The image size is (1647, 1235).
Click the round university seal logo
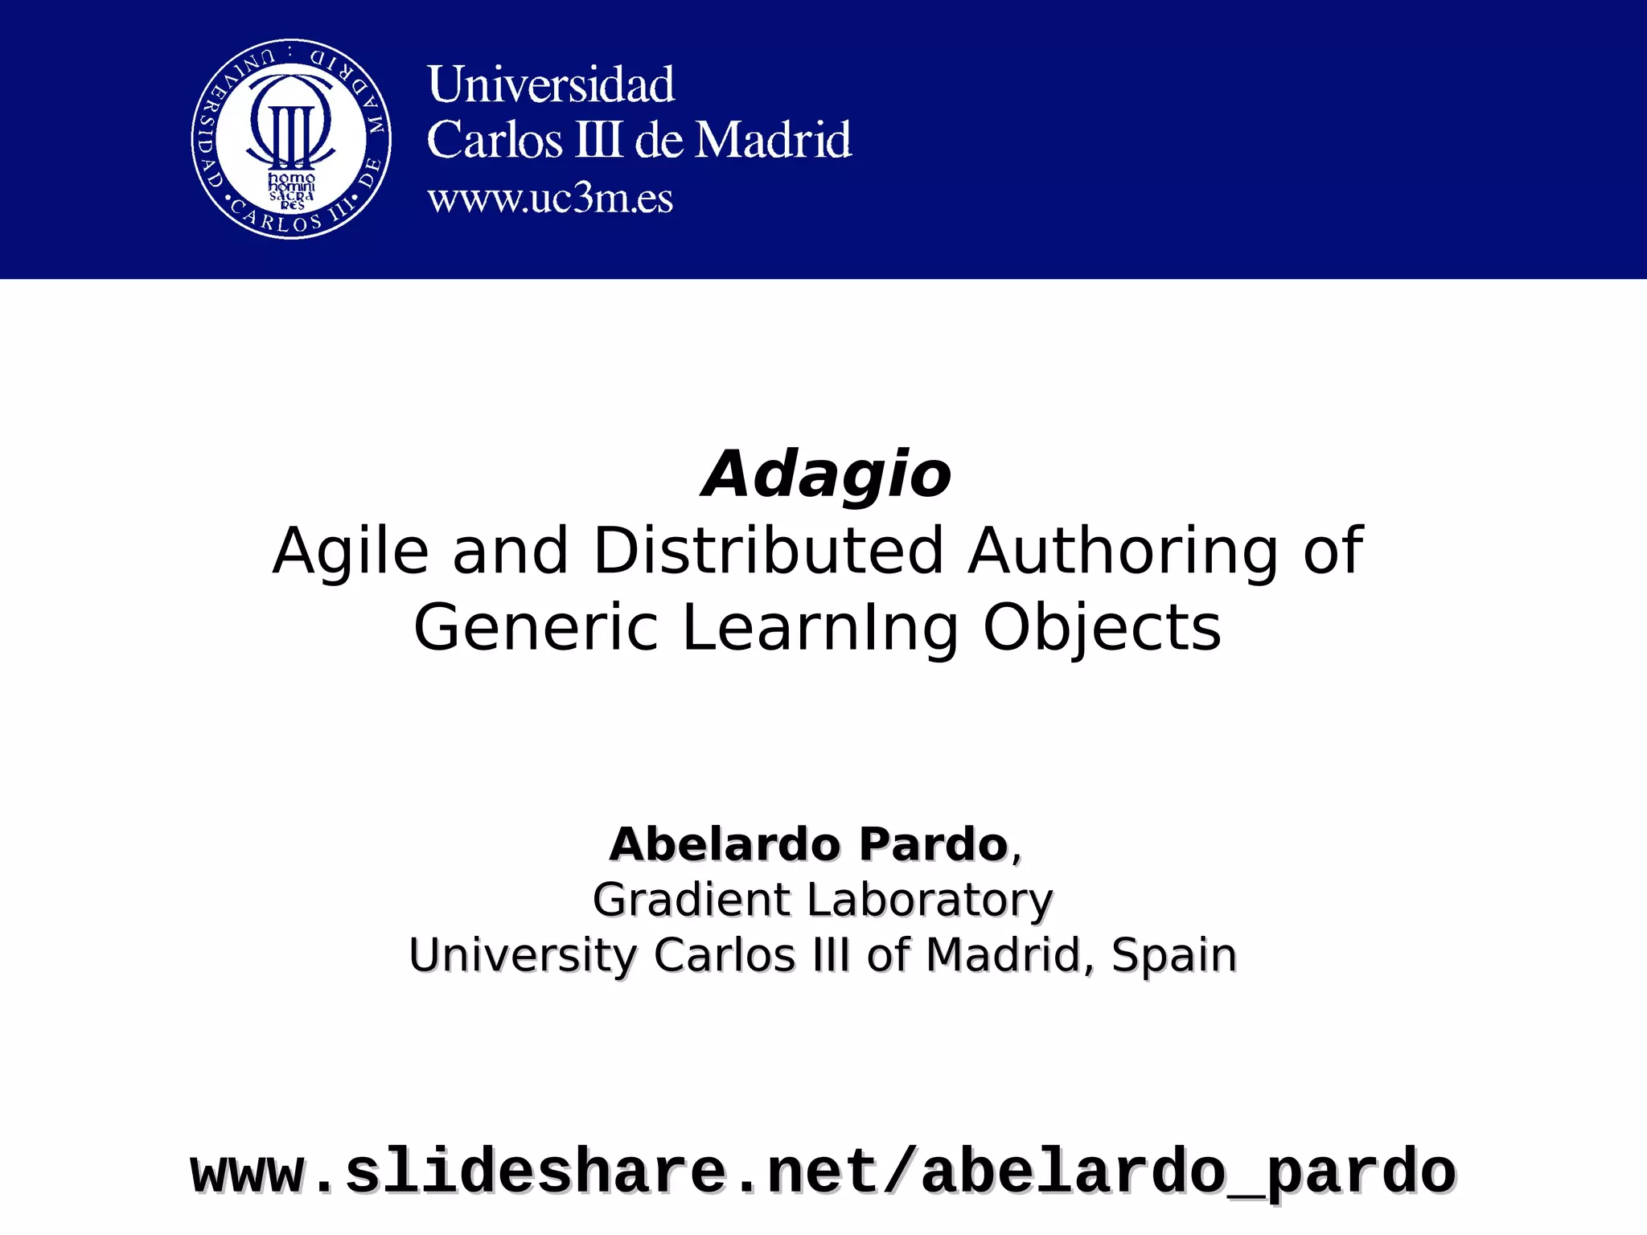coord(291,138)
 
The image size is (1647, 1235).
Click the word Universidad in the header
coord(551,84)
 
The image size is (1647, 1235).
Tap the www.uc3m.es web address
coord(550,199)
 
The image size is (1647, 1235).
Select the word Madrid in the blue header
coord(773,140)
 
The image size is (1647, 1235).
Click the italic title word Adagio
coord(826,474)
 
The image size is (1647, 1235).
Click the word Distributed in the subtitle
coord(768,551)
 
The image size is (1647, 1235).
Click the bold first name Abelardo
coord(725,844)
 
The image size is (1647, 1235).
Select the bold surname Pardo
coord(933,844)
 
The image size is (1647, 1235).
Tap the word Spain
coord(1173,955)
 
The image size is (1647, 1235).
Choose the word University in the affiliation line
coord(523,956)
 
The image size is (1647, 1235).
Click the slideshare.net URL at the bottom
coord(823,1173)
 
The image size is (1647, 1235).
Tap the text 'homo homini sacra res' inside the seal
coord(291,191)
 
